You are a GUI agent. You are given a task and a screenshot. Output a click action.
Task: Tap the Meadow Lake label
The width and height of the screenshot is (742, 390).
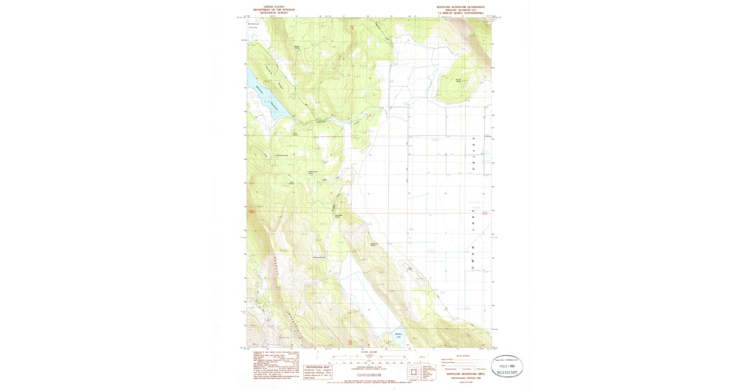click(x=399, y=336)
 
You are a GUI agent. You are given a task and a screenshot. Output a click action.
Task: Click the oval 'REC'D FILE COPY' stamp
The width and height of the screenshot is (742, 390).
click(x=506, y=366)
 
